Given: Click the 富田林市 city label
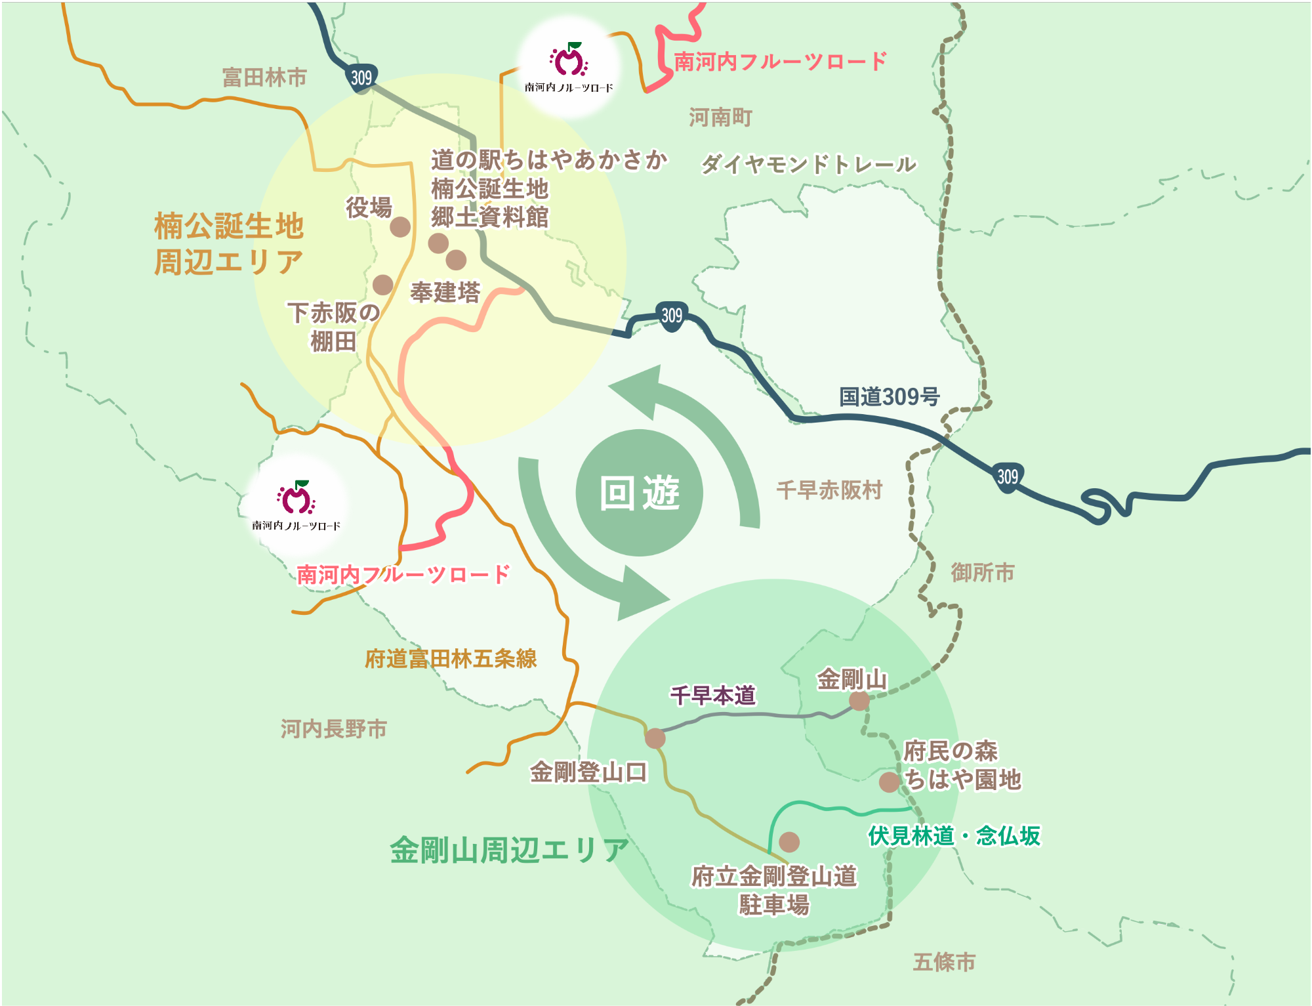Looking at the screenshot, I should point(264,77).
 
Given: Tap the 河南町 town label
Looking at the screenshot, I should point(720,117).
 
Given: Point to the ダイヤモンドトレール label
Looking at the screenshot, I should point(808,164).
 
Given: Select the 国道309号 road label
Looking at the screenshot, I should point(889,396).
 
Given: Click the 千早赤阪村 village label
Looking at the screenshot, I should point(829,490).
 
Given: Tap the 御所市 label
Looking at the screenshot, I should point(982,572).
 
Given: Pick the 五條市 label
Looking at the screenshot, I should point(944,962).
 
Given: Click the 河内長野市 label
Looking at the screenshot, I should point(333,728).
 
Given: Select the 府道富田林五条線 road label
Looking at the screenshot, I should point(451,658).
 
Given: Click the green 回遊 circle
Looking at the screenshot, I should point(639,493).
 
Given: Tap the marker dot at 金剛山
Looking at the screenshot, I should point(859,701).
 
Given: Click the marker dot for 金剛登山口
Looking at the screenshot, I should point(655,738).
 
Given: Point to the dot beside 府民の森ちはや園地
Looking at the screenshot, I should point(889,782).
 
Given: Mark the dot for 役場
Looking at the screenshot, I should point(400,227).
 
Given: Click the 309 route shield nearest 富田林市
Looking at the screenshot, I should point(361,78).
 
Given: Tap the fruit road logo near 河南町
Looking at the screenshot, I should point(569,67).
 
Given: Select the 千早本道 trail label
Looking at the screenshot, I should point(712,695).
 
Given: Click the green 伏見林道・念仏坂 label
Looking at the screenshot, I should point(954,835).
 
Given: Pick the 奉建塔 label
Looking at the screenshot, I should point(445,292).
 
